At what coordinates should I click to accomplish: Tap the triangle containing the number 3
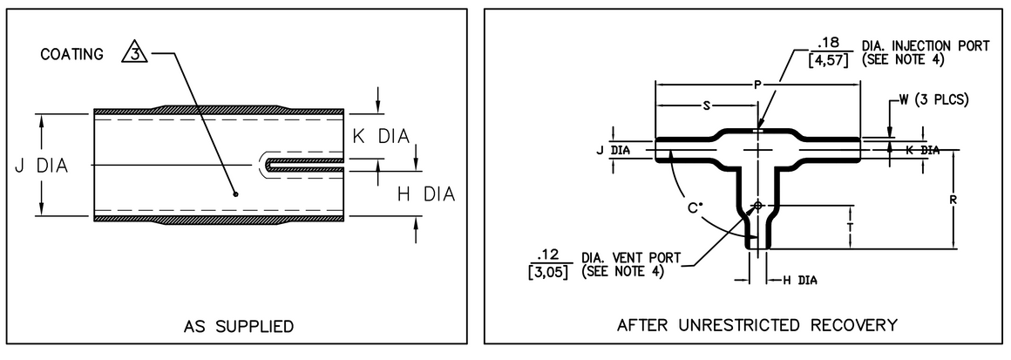pos(134,54)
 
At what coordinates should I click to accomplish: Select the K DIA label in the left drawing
pos(380,136)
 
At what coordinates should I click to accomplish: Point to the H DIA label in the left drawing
pos(426,194)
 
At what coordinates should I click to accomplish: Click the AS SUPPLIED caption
pos(238,327)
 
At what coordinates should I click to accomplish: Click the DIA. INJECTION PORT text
pos(914,44)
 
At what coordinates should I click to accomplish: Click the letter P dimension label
pos(758,85)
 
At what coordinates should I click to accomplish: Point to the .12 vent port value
pos(548,255)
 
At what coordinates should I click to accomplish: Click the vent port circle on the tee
pos(758,206)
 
